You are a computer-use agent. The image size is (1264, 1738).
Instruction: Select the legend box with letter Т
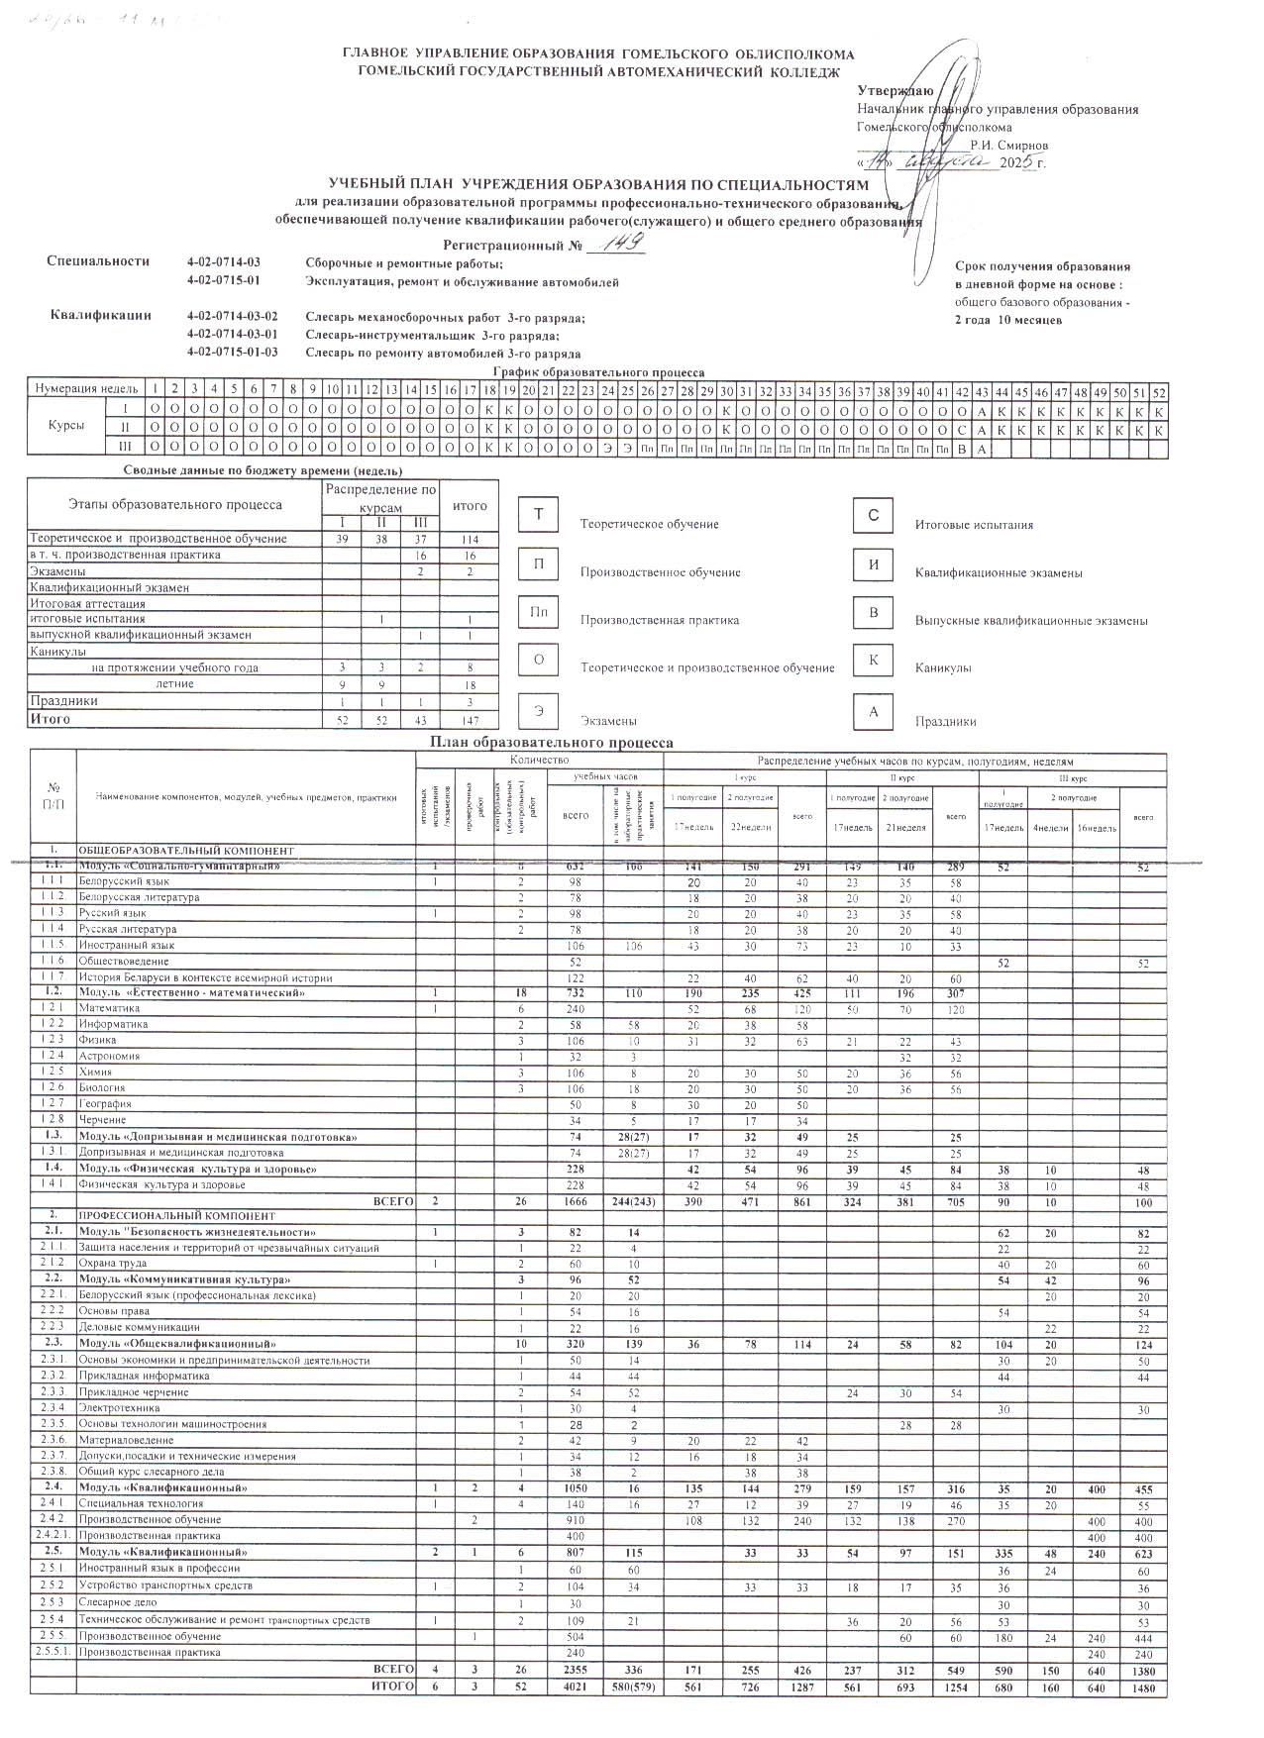[x=539, y=515]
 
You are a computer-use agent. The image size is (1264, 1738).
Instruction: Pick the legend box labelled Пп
[x=539, y=612]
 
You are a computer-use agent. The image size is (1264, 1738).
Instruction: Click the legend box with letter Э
[x=539, y=710]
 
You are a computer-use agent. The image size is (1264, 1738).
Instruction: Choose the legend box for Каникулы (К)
[x=873, y=661]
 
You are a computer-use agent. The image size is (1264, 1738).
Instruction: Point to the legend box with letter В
[x=873, y=612]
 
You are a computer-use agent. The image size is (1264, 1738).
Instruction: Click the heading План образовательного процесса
[x=551, y=742]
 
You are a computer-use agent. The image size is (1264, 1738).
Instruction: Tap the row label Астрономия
[x=110, y=1056]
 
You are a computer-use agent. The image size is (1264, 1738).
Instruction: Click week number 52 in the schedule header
[x=1159, y=392]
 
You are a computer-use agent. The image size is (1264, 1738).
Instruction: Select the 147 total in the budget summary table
[x=470, y=720]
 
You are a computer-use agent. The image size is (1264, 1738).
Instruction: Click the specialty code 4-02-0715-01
[x=223, y=282]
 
